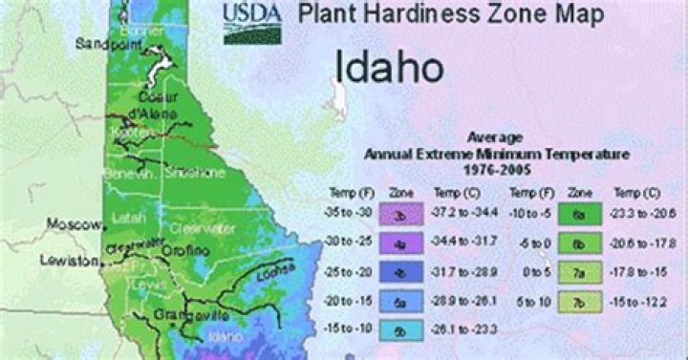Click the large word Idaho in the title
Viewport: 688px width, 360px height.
388,67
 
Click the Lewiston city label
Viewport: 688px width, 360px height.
70,260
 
